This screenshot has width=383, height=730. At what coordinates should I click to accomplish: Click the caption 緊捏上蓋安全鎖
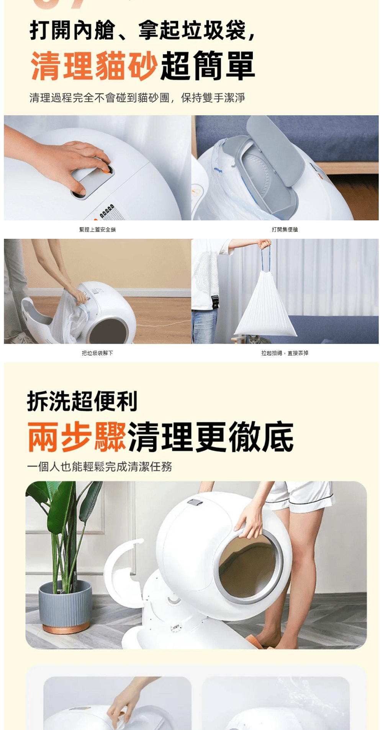97,230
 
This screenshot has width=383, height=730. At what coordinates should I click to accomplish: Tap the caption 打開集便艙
285,230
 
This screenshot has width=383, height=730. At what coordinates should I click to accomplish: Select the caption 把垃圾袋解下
97,353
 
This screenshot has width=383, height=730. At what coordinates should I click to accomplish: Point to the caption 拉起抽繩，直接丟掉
285,353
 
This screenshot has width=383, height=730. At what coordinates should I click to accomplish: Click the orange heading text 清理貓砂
94,65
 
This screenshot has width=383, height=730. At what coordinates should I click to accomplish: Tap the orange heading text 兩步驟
77,437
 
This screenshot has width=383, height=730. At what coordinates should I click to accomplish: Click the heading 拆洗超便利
82,401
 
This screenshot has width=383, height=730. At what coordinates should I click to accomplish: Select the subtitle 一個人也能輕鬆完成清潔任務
100,466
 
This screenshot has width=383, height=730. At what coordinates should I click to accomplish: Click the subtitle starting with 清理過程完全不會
137,98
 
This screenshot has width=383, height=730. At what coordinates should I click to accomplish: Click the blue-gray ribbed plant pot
65,606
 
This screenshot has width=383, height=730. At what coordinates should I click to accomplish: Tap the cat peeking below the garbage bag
253,339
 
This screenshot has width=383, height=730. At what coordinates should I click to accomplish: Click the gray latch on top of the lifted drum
195,502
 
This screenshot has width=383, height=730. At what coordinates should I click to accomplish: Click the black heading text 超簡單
208,65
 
